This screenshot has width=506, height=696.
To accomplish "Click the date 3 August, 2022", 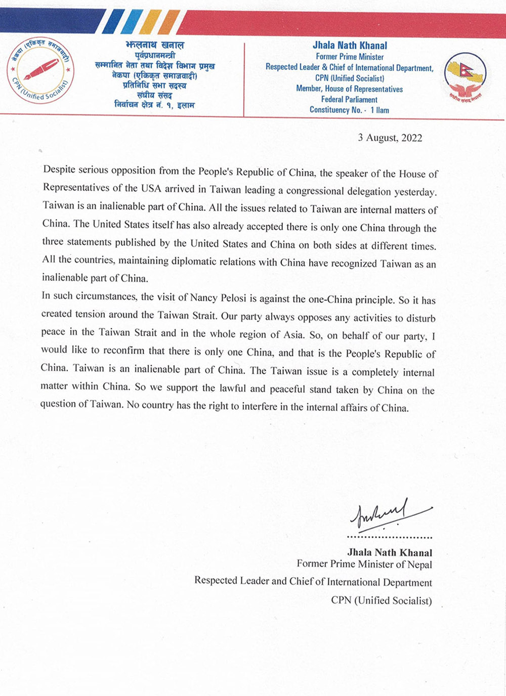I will click(390, 138).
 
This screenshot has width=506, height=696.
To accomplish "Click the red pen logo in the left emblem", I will click(41, 69).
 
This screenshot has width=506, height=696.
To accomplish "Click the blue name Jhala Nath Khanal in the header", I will click(350, 46).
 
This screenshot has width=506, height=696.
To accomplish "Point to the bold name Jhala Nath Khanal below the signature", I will click(390, 552).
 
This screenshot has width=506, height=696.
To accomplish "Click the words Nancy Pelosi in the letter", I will click(219, 297).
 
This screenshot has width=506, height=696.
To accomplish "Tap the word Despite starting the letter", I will click(60, 169).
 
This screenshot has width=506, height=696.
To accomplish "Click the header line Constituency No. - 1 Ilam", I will click(349, 110).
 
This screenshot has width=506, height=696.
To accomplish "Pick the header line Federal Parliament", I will click(349, 99).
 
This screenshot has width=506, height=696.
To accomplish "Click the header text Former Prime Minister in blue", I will click(350, 57).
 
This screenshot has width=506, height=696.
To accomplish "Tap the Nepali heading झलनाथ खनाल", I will click(155, 46).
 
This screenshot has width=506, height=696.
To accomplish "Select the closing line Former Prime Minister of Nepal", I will click(364, 564).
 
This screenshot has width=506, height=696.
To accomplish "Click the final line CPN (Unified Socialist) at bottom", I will click(382, 600).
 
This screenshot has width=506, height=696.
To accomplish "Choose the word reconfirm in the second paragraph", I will click(122, 351).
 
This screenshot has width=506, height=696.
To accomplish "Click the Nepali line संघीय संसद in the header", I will click(154, 96).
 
